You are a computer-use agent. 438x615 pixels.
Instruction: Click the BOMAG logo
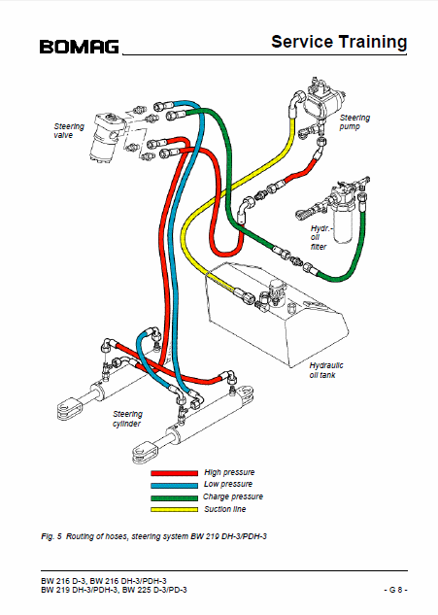pyautogui.click(x=79, y=47)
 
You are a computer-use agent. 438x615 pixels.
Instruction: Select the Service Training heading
pyautogui.click(x=339, y=42)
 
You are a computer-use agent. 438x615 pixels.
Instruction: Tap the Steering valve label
pyautogui.click(x=69, y=130)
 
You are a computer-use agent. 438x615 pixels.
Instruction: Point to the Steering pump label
pyautogui.click(x=354, y=122)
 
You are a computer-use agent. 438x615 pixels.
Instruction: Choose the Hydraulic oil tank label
pyautogui.click(x=326, y=370)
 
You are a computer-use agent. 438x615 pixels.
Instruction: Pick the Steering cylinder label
pyautogui.click(x=127, y=419)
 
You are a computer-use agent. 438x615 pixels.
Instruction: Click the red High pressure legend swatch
pyautogui.click(x=174, y=473)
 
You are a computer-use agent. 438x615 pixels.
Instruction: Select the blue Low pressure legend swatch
pyautogui.click(x=174, y=485)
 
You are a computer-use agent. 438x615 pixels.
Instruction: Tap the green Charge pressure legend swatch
pyautogui.click(x=174, y=497)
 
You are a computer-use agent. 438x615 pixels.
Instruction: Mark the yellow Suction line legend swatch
pyautogui.click(x=174, y=509)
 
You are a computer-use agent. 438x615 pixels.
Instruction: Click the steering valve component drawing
pyautogui.click(x=106, y=136)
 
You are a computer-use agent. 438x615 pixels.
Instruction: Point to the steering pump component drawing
pyautogui.click(x=324, y=100)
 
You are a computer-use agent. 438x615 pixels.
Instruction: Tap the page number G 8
pyautogui.click(x=395, y=590)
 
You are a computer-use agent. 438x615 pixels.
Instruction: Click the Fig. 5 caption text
pyautogui.click(x=153, y=536)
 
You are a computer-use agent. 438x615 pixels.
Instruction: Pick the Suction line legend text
pyautogui.click(x=224, y=509)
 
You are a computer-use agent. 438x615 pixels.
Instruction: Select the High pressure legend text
pyautogui.click(x=229, y=472)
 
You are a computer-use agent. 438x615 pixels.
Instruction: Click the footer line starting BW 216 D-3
pyautogui.click(x=104, y=581)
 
